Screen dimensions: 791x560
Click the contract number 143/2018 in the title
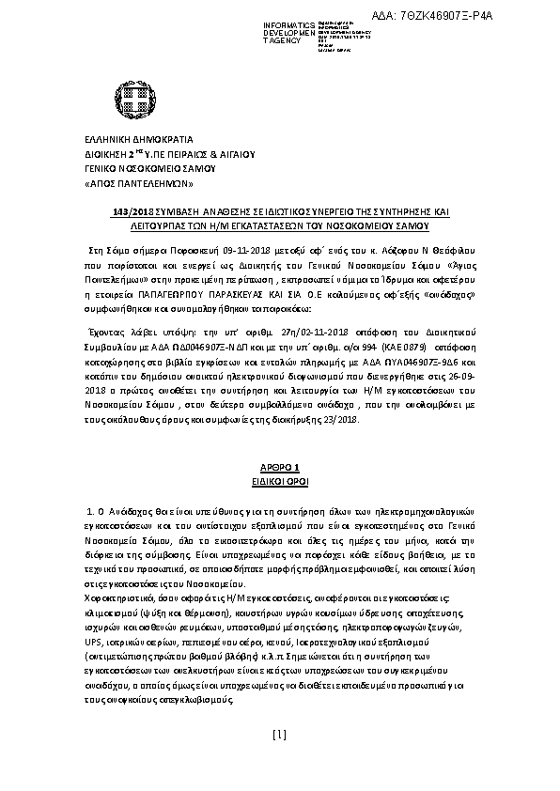point(128,212)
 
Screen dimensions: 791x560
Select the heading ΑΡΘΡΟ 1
point(278,466)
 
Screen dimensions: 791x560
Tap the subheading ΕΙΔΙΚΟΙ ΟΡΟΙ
point(278,479)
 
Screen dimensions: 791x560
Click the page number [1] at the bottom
point(278,760)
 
